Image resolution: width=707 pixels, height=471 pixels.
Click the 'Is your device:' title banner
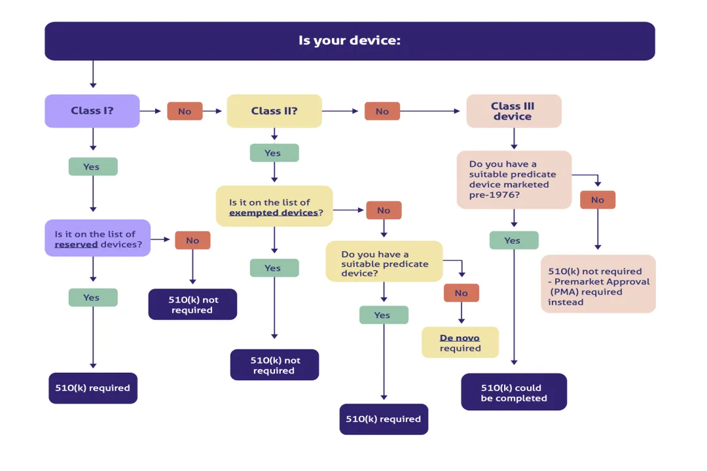pos(350,41)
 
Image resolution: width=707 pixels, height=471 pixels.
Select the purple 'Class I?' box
pos(92,111)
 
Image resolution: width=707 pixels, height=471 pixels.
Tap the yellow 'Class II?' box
pos(274,111)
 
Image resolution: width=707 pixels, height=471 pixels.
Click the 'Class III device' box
pos(513,111)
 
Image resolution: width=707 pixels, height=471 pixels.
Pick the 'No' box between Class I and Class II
pos(185,111)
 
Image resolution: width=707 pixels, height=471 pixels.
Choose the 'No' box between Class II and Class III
pos(382,111)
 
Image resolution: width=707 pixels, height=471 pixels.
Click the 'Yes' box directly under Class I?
pos(92,167)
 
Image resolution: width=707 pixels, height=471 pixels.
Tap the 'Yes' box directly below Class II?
pos(274,153)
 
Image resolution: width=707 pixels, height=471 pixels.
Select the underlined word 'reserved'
pos(76,244)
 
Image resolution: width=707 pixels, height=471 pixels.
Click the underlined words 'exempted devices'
pos(273,213)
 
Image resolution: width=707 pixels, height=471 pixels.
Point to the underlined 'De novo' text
pos(460,338)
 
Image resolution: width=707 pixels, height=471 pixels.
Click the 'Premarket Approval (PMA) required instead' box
pos(598,284)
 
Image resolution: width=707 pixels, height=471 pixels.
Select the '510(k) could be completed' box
pos(514,392)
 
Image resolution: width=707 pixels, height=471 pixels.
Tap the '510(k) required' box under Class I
pos(93,388)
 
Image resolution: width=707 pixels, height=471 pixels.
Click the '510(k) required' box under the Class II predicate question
pos(384,419)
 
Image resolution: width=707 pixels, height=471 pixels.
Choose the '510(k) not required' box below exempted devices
pos(274,365)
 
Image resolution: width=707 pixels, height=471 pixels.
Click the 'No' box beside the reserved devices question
pos(192,240)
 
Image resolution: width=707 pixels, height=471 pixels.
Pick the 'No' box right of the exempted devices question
pos(384,210)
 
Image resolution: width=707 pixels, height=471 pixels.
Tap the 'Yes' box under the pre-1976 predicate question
pos(513,240)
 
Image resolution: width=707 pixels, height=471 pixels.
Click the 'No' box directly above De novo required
pos(461,293)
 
